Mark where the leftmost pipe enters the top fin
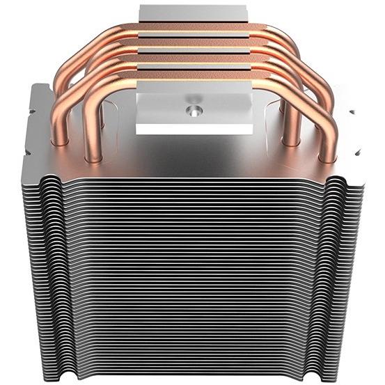59,142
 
